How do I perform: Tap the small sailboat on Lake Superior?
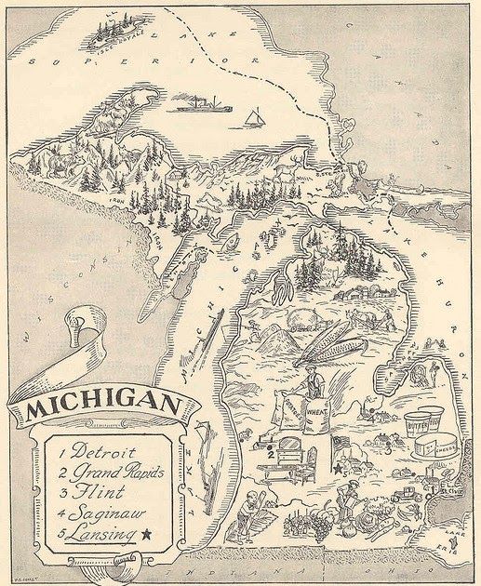coord(252,117)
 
